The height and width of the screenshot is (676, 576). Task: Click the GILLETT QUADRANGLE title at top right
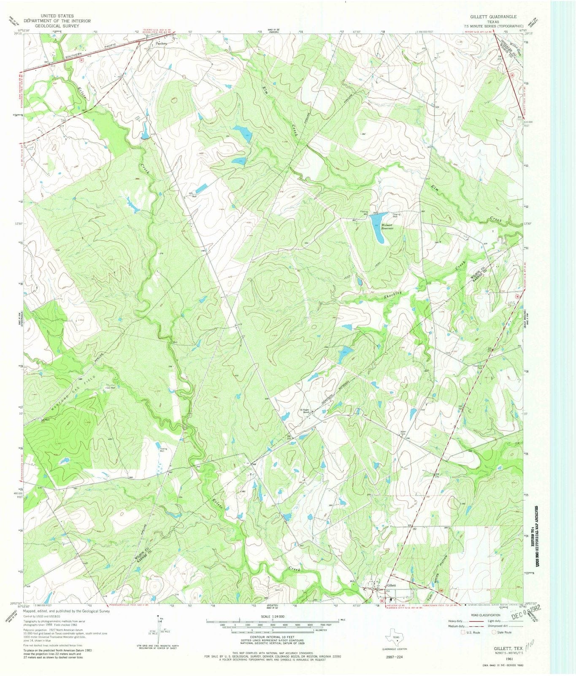493,16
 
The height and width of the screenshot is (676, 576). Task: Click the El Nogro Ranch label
305,412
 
